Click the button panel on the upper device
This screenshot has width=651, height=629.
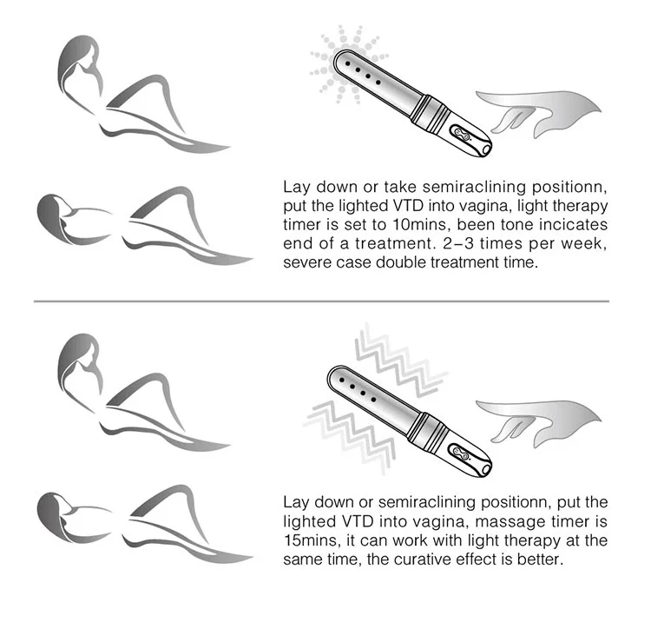coord(462,134)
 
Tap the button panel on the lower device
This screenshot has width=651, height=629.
coord(461,454)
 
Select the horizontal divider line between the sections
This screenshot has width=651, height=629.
coord(321,301)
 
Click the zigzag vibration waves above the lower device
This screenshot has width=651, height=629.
coord(401,360)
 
